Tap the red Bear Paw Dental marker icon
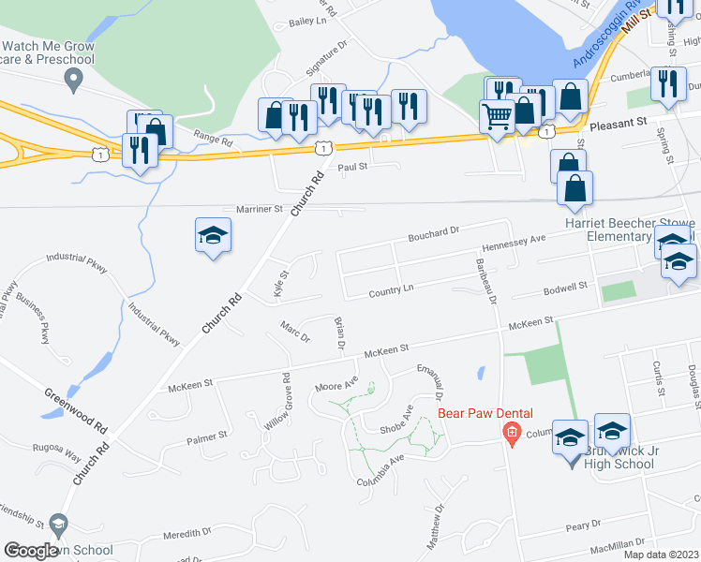(511, 432)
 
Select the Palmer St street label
(207, 436)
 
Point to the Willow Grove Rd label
(278, 402)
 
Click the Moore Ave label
(336, 384)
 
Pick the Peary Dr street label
(582, 526)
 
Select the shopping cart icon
(497, 116)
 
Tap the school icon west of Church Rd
(213, 235)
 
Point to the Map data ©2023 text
(661, 555)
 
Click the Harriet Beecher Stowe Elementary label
(629, 230)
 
